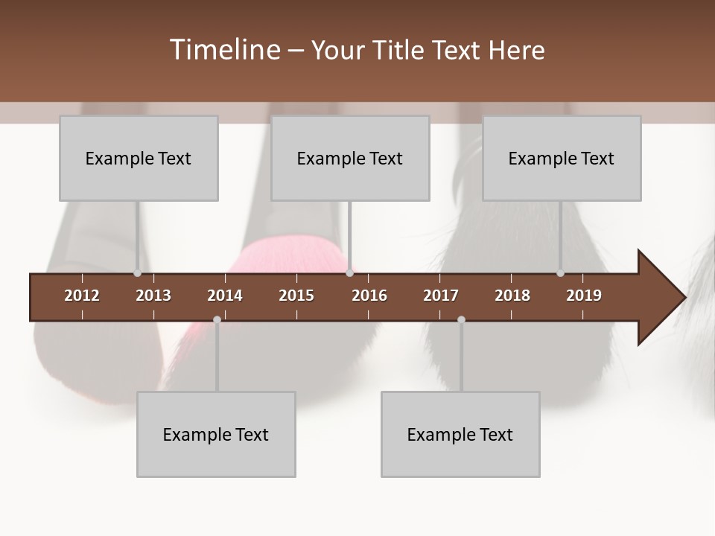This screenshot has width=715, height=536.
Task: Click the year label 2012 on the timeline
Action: point(82,296)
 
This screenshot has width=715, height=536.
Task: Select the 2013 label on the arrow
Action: point(153,296)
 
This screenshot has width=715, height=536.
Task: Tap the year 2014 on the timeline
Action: point(225,296)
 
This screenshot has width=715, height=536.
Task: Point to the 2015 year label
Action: point(296,296)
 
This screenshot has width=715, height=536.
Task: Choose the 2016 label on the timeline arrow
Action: point(369,296)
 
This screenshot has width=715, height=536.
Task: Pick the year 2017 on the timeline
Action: point(441,296)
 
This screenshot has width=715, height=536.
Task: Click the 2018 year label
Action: point(512,296)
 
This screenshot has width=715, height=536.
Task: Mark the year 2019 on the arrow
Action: point(584,296)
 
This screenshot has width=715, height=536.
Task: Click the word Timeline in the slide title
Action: point(224,50)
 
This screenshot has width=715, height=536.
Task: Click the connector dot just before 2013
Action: point(138,273)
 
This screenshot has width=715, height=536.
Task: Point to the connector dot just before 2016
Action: point(349,273)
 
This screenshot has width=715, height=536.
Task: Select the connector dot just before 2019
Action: point(561,273)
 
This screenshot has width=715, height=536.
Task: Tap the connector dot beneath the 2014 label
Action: point(217,319)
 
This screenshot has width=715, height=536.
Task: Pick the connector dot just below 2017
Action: point(461,319)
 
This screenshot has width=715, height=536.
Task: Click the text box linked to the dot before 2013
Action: point(139,158)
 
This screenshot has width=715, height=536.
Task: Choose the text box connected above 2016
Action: point(350,158)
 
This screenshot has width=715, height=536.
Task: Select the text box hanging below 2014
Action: point(216,434)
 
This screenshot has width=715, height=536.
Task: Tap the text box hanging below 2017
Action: point(460,434)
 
